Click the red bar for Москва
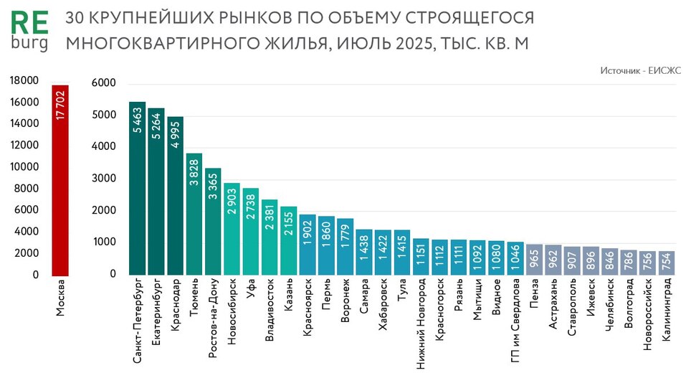[59, 179]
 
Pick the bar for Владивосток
[270, 237]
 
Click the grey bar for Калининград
[667, 263]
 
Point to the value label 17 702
[60, 106]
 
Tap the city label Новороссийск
[648, 316]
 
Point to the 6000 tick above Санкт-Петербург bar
[104, 84]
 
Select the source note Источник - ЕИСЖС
[641, 70]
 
